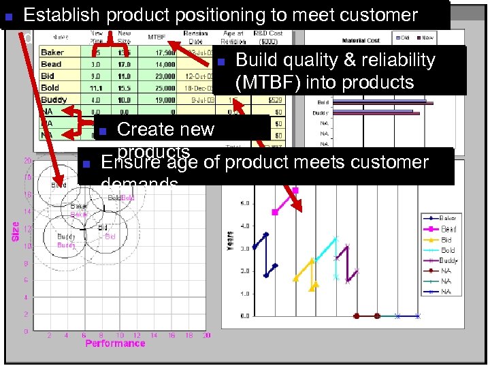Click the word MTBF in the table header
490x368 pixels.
click(x=157, y=36)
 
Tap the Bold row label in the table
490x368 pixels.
click(x=50, y=87)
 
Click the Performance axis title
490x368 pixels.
click(x=115, y=343)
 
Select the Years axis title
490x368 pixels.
click(x=230, y=238)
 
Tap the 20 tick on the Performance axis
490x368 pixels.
click(x=206, y=335)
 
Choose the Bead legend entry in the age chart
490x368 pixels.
click(x=448, y=229)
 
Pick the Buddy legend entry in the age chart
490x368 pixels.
click(x=448, y=260)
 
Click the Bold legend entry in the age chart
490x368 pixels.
click(x=448, y=250)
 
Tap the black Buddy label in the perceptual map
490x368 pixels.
click(x=67, y=236)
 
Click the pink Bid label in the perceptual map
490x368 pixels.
click(x=110, y=236)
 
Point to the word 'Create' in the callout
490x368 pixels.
click(x=146, y=129)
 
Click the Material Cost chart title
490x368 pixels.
click(x=361, y=41)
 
